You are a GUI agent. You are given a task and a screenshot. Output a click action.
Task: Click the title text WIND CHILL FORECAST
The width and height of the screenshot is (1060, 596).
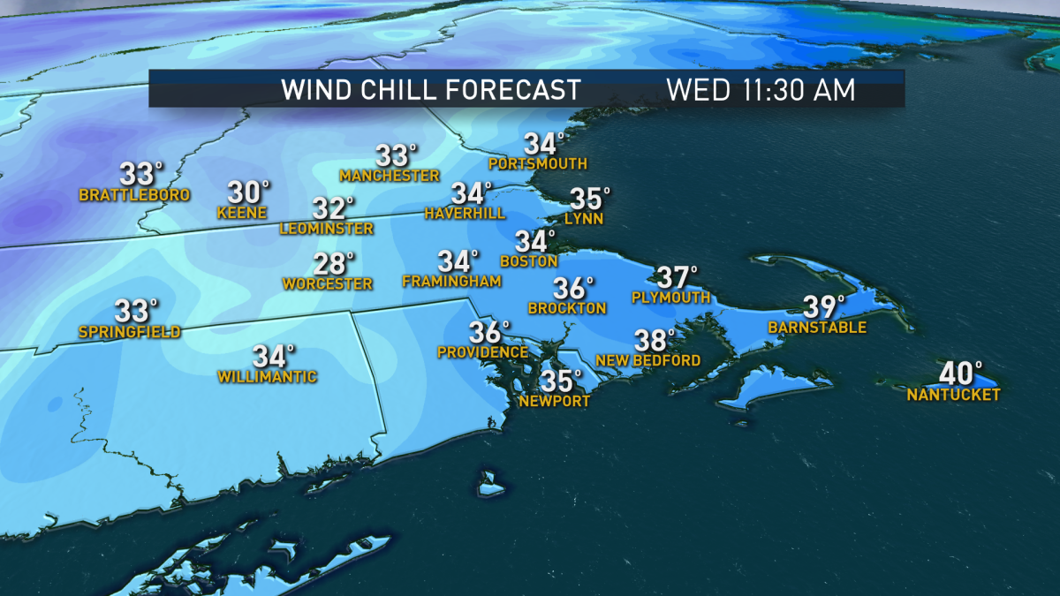coord(430,89)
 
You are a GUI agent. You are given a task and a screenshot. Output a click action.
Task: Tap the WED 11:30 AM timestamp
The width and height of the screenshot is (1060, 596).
coord(761,89)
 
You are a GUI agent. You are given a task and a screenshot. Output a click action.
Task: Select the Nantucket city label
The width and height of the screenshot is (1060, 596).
coord(953,395)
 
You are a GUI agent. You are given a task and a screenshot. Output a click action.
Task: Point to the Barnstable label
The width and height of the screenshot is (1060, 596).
coord(816,328)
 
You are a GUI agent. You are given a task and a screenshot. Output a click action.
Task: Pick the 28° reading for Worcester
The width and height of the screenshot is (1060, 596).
coord(334,263)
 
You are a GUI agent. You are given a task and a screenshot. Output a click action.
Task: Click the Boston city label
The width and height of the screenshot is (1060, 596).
coord(528,261)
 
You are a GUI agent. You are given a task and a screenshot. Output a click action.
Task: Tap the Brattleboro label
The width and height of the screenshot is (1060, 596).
coord(134,195)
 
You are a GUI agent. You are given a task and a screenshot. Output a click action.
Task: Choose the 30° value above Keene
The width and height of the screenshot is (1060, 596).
coord(249,192)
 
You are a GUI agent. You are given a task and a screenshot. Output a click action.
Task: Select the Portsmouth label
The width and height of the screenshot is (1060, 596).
coord(537,164)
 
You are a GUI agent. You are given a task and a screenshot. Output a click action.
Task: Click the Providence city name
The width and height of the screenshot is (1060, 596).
coord(482,352)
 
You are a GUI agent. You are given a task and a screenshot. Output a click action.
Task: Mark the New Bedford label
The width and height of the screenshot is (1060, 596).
coord(647,360)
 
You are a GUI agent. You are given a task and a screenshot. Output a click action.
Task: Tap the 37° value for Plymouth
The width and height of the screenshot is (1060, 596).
coord(677,277)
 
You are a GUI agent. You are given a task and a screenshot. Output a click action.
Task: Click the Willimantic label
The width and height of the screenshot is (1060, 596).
coord(267,377)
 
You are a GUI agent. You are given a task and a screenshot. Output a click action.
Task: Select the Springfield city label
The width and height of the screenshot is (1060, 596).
coord(129,332)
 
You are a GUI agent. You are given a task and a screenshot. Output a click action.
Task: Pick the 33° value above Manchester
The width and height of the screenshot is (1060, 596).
coord(395,155)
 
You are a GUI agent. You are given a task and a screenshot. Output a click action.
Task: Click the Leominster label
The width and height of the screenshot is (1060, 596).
coord(326,229)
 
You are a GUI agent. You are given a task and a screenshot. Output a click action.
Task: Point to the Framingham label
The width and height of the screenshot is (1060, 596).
coord(451,282)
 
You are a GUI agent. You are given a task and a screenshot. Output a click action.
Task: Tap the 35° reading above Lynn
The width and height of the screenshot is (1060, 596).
coord(589,198)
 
